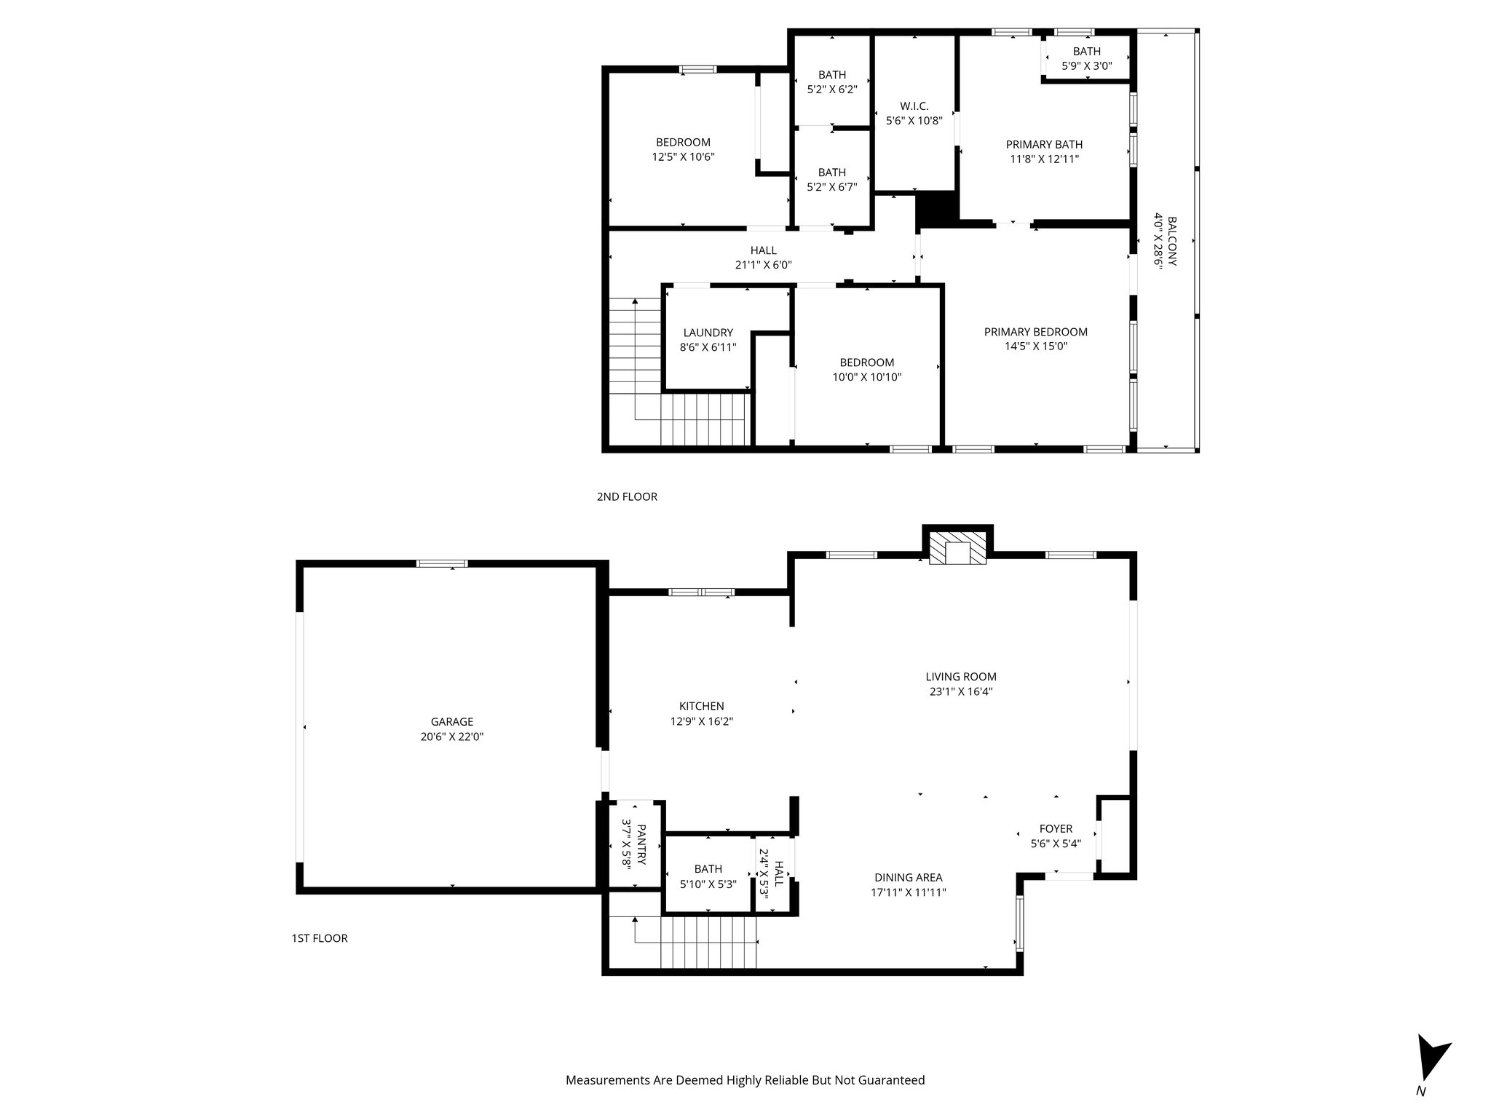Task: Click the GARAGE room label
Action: click(451, 722)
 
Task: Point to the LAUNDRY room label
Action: click(708, 333)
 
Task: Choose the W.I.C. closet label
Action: click(914, 106)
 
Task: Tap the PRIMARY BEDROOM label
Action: click(1035, 332)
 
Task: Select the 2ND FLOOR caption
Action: click(627, 496)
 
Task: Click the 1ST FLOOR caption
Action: click(320, 938)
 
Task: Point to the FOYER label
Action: click(1056, 828)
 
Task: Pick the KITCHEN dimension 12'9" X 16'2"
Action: click(701, 721)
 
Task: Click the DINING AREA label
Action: click(908, 877)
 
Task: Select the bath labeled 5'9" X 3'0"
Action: click(1086, 58)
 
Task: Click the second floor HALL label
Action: click(763, 250)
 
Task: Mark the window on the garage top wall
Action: click(442, 563)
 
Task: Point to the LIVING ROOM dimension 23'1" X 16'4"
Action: click(960, 691)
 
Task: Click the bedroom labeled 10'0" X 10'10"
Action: click(866, 370)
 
